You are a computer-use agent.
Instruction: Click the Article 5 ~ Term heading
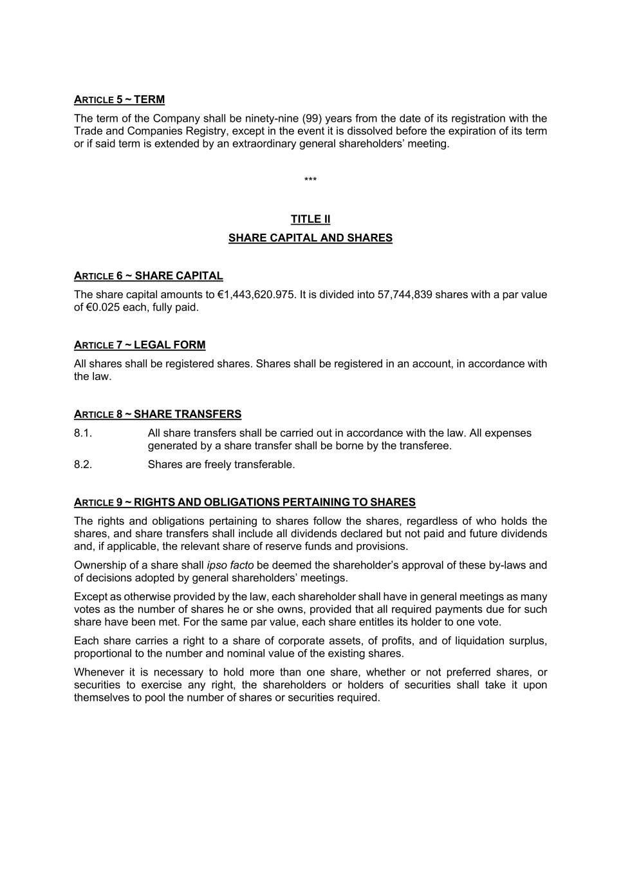click(119, 100)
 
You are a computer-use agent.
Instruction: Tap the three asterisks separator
click(310, 180)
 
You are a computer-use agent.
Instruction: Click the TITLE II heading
click(310, 219)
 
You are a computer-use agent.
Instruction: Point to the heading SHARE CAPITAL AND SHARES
click(310, 238)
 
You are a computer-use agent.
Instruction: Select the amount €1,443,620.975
click(256, 295)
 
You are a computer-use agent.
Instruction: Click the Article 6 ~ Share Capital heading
click(148, 276)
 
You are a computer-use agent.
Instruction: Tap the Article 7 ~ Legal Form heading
click(140, 345)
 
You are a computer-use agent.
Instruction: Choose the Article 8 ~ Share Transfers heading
click(158, 414)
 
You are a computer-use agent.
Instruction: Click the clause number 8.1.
click(83, 433)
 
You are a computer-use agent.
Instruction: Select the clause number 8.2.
click(83, 465)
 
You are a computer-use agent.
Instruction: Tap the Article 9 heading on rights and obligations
click(245, 502)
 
